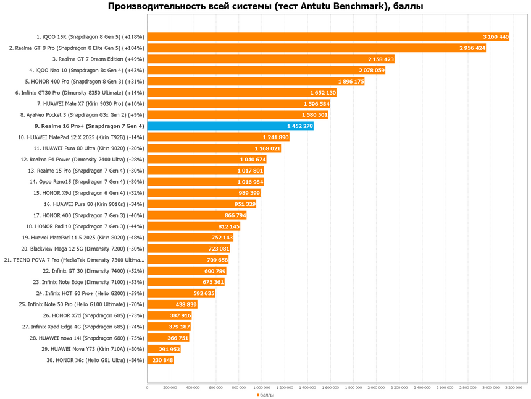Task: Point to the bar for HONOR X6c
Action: click(x=160, y=359)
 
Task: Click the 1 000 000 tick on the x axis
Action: click(x=262, y=388)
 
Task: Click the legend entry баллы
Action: click(x=265, y=395)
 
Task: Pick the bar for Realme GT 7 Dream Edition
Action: click(x=270, y=59)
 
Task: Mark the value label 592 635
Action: click(x=200, y=293)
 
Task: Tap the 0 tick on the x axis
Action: click(x=147, y=388)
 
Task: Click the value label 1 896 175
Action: click(x=351, y=81)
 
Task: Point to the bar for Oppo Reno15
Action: click(x=191, y=181)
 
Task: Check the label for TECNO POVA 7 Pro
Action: click(x=74, y=259)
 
